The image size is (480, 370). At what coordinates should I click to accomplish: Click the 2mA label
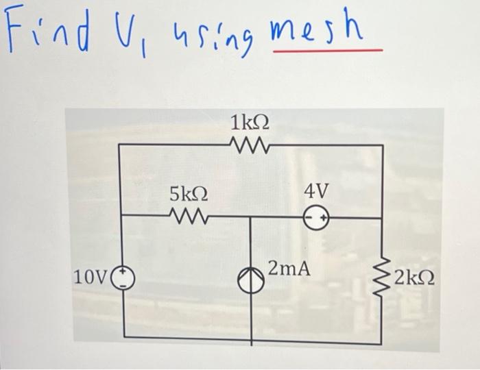coord(289,268)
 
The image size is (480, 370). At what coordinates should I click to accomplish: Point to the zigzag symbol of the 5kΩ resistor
coord(185,218)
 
